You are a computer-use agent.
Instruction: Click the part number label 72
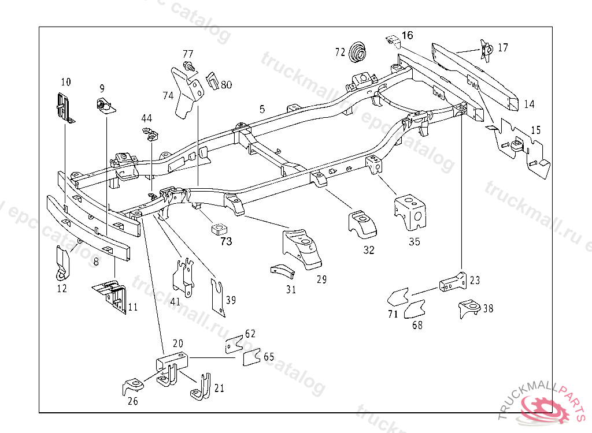[340, 52]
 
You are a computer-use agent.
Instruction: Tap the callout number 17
[503, 47]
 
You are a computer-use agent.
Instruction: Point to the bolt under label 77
[188, 67]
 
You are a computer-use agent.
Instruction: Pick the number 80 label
[226, 85]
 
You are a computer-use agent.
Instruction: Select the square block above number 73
[218, 229]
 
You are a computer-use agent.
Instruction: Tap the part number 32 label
[369, 250]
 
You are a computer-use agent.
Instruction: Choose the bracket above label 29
[302, 248]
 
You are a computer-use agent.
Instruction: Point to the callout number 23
[475, 281]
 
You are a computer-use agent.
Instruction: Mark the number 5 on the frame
[262, 109]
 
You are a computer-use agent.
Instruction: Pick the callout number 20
[178, 343]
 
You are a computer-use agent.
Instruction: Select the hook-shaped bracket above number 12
[62, 260]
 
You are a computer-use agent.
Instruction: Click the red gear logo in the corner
[546, 409]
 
